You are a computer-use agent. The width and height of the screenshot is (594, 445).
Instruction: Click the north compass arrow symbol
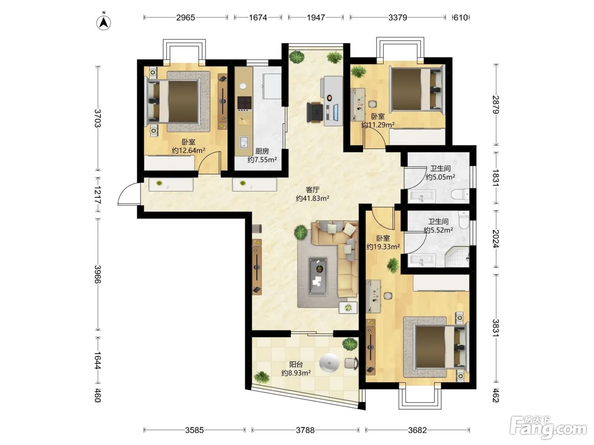(104, 23)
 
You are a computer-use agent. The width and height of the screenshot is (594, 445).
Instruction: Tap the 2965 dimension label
(185, 17)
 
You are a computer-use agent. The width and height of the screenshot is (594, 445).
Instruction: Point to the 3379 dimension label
(398, 17)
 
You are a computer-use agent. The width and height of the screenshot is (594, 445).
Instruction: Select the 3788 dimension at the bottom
(305, 430)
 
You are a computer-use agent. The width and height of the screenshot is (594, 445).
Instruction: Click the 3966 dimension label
(98, 274)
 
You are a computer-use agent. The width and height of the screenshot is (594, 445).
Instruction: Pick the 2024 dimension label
(496, 239)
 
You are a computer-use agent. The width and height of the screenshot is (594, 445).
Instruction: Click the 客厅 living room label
(312, 190)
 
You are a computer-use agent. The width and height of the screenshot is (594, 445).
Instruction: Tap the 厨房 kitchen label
(262, 151)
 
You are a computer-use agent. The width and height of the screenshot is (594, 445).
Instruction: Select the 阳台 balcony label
(296, 364)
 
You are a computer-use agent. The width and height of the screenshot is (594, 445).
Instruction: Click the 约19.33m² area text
(383, 247)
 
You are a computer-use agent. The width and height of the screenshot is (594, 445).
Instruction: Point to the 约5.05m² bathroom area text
(440, 177)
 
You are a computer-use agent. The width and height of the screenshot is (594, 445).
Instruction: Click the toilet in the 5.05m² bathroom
(460, 194)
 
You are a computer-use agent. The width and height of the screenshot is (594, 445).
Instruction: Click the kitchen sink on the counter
(244, 142)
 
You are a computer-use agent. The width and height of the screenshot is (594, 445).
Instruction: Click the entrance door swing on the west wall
(129, 194)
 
